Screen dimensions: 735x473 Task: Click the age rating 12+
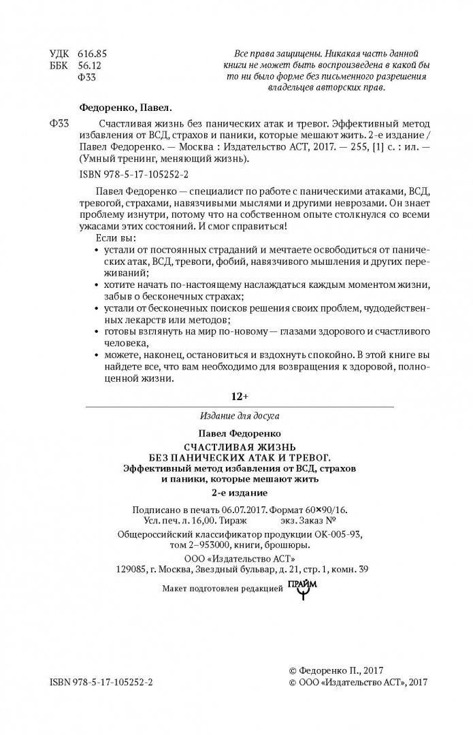click(x=236, y=396)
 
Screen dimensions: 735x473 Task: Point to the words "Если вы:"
click(x=112, y=240)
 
